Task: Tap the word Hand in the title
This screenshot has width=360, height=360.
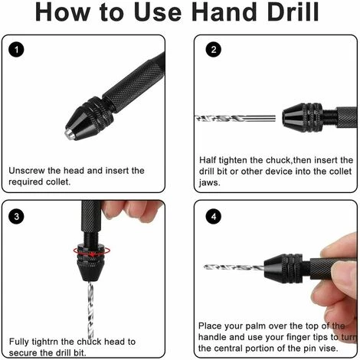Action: pos(224,12)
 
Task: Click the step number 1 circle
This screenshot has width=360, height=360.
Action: pos(16,50)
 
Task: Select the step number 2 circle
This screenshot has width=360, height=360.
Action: pos(214,50)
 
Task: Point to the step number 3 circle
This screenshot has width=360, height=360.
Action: pos(16,217)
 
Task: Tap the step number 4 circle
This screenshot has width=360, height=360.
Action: pos(214,217)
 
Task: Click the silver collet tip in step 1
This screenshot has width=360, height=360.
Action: pos(70,134)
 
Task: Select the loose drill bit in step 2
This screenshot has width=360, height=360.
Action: pos(235,119)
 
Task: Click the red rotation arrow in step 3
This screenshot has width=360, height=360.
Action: pos(92,251)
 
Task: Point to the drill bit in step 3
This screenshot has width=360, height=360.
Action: pos(90,309)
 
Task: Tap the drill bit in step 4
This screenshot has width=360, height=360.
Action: pos(234,267)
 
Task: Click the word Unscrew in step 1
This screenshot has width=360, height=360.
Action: pos(27,170)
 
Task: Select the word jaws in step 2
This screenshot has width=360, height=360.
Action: pos(209,182)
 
